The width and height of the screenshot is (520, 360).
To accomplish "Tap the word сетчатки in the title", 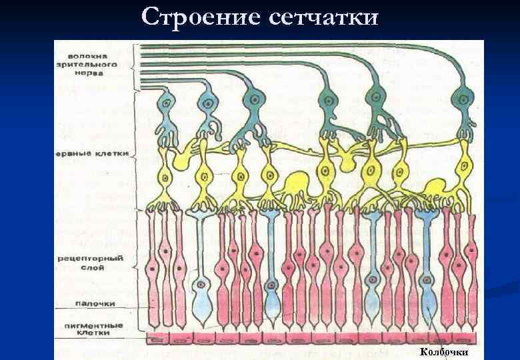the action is click(324, 16).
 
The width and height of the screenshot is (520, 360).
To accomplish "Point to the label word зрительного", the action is click(93, 64).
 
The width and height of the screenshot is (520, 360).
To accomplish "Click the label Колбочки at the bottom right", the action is click(444, 351).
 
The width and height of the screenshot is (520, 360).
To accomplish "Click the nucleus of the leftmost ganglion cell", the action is click(167, 103).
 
